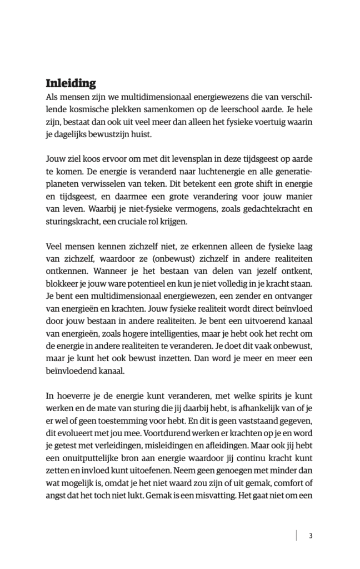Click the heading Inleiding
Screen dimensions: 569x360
pos(71,83)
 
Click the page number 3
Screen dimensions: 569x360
pos(311,536)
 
